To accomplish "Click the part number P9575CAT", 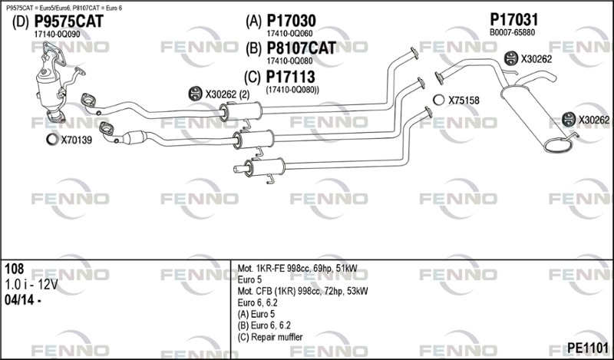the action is pos(69,21).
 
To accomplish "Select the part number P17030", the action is pos(291,21).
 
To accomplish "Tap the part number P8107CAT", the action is pos(301,48).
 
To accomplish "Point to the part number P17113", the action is pos(290,77).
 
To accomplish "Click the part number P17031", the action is pos(514,20).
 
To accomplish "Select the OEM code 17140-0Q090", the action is pos(57,35).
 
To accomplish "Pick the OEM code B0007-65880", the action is pos(512,32).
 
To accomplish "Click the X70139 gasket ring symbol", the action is pos(51,139).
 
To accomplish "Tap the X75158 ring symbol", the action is pos(438,100).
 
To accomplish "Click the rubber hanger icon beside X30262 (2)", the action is pos(195,93).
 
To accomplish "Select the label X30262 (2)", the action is pos(227,94).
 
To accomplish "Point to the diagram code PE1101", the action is pos(588,348).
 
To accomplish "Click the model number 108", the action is pos(15,269).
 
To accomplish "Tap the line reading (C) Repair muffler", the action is pos(270,337).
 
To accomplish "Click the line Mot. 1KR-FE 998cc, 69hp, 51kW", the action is pos(297,269).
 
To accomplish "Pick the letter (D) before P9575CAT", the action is pos(21,22).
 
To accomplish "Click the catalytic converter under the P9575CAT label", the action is pos(49,88).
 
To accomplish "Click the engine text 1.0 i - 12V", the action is pos(31,285).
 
